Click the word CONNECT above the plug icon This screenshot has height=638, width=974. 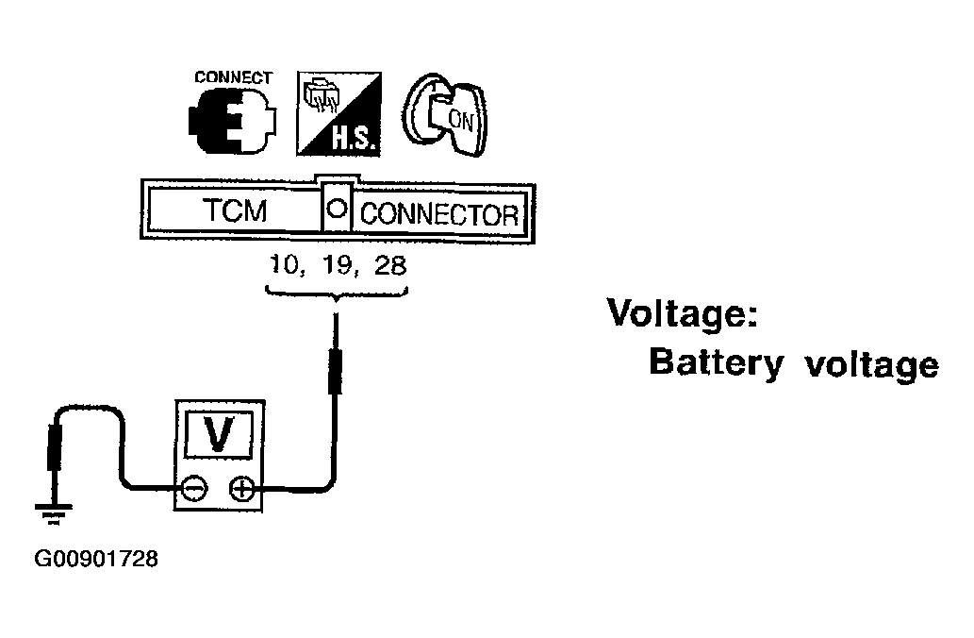coord(234,77)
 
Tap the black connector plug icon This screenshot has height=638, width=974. coord(232,121)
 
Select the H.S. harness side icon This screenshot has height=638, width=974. coord(338,114)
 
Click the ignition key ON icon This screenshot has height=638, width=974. coord(444,115)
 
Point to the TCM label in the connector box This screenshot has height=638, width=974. coord(235,210)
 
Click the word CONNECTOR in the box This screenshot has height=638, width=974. coord(439,214)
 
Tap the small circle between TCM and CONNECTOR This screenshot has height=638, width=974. coord(337,209)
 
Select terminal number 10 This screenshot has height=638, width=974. coord(286,265)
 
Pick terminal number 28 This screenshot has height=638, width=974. coord(390,265)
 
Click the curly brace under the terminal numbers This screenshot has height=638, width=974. coord(336,294)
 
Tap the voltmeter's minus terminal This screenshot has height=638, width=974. coord(194,489)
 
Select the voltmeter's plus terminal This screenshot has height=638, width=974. coord(242,489)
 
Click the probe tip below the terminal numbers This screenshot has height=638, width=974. coord(336,355)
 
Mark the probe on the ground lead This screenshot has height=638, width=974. coord(55,447)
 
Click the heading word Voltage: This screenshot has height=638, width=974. coord(682,312)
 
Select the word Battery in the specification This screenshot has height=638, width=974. coord(717,362)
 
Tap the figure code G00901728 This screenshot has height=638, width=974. coord(96,559)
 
